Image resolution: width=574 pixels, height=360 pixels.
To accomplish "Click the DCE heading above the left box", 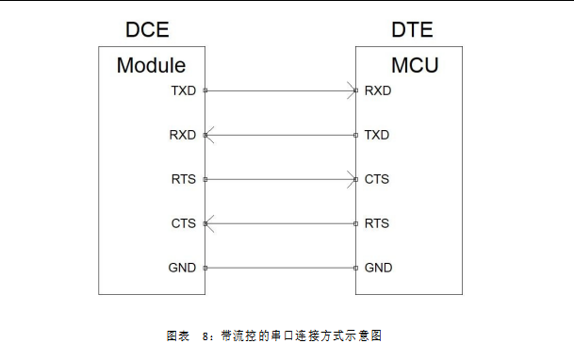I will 147,30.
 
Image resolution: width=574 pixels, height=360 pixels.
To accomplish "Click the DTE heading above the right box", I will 412,30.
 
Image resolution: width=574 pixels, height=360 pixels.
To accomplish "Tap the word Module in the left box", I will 151,66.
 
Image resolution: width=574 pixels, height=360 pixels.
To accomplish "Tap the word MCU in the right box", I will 415,66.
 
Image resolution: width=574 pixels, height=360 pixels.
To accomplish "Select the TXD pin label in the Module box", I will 183,91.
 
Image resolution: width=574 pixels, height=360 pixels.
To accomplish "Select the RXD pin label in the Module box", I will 183,135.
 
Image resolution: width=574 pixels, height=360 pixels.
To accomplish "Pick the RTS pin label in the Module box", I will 183,179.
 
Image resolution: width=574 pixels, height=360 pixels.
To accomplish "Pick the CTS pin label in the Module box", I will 183,223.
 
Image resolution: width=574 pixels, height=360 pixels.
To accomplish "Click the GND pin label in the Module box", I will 183,268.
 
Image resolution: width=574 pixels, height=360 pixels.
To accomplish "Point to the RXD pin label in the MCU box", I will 378,91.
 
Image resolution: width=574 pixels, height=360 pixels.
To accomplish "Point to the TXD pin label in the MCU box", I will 377,135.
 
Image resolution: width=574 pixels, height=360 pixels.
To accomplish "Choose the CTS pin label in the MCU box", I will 377,179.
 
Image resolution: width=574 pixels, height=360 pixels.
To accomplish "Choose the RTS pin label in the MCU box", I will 377,223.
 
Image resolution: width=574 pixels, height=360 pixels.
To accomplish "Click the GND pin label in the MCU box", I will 378,268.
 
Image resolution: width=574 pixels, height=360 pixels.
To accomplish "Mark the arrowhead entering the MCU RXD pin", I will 351,91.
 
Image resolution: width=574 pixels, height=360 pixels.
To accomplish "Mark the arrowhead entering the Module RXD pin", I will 210,135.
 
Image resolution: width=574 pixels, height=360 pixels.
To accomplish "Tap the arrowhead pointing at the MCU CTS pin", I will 351,179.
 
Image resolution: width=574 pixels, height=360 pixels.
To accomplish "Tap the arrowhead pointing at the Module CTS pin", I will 210,223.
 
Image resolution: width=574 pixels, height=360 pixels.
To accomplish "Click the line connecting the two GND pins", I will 281,268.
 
